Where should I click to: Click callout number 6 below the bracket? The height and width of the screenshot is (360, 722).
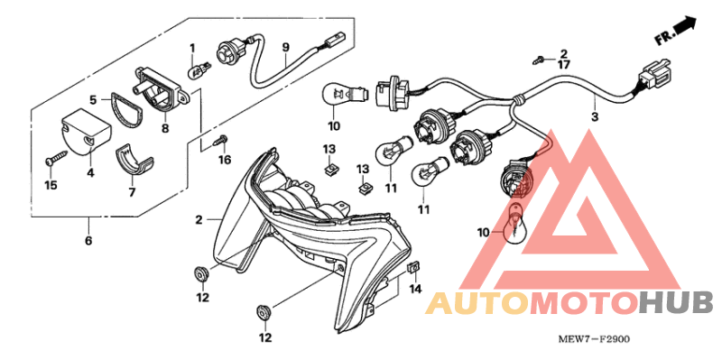tap(88, 241)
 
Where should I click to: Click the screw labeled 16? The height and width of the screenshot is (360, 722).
tap(219, 141)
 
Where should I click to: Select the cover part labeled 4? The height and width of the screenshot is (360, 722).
tap(82, 129)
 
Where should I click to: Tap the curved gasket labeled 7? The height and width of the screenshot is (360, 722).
tap(136, 160)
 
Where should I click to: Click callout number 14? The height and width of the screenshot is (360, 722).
tap(415, 289)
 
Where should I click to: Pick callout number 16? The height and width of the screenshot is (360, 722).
tap(225, 160)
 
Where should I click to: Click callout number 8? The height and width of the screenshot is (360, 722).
tap(164, 127)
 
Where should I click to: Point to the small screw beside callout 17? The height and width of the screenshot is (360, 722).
tap(540, 59)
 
